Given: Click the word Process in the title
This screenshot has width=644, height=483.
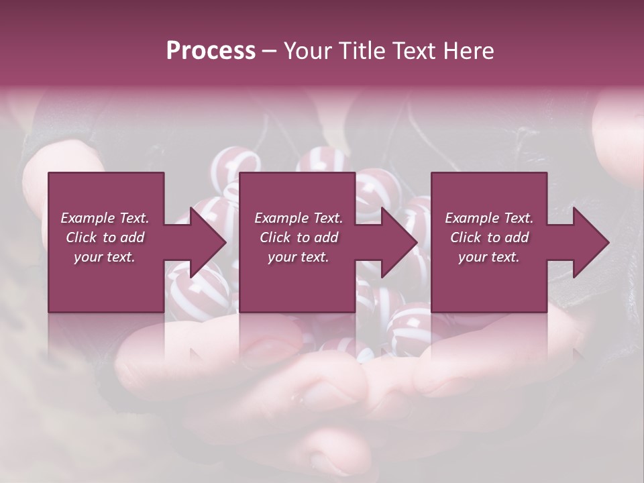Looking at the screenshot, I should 211,51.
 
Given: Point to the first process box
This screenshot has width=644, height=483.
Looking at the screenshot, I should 106,242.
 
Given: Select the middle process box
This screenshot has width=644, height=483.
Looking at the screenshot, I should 297,242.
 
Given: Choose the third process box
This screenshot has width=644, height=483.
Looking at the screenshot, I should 489,242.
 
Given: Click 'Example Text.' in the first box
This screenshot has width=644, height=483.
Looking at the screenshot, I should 105,218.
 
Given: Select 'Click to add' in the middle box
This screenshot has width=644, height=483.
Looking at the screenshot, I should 299,237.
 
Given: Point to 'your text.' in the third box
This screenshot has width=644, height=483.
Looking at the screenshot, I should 489,257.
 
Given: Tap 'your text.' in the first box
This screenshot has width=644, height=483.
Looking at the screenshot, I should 105,257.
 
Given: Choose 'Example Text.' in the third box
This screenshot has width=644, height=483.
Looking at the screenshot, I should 489,218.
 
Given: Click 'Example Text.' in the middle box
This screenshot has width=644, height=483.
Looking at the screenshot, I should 299,218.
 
